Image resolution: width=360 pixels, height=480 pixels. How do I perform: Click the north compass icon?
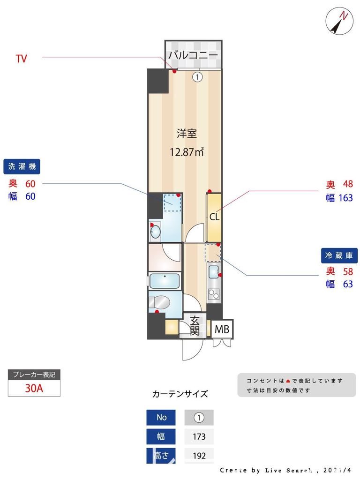339,21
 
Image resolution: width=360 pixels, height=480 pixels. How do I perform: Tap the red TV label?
21,59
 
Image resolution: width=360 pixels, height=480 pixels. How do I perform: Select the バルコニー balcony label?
193,55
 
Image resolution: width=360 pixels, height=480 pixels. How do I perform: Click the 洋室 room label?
187,134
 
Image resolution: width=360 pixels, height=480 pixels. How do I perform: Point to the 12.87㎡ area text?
187,152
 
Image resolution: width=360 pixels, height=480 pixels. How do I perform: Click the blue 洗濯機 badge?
22,166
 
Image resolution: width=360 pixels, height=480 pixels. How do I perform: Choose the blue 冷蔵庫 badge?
339,255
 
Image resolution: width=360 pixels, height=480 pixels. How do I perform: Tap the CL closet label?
214,217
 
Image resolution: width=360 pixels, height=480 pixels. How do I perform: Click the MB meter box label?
222,330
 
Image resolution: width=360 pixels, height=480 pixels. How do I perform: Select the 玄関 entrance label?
195,326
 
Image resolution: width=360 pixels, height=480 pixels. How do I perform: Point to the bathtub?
165,281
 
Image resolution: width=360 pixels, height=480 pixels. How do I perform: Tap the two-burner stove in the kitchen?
213,294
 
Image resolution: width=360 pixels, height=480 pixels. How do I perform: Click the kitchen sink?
213,270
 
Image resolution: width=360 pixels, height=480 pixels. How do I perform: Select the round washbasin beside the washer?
156,231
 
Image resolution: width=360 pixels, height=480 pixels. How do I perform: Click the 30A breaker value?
34,388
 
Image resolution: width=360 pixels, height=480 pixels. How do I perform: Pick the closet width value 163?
345,198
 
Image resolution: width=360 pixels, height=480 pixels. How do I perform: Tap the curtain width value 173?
199,436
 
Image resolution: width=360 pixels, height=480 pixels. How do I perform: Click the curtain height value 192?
199,455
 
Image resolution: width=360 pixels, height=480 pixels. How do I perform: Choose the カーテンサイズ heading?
180,394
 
